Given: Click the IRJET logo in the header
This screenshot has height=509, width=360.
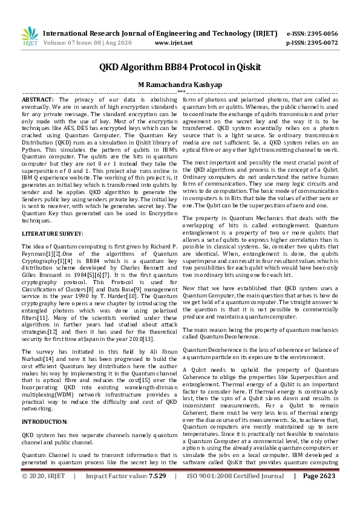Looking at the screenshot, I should tap(30, 37).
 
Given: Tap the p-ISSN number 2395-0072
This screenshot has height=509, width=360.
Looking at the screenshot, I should tap(322, 43).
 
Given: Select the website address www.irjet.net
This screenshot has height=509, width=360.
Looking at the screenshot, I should tap(174, 43).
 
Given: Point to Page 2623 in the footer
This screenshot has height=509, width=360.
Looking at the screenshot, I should tap(318, 493).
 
